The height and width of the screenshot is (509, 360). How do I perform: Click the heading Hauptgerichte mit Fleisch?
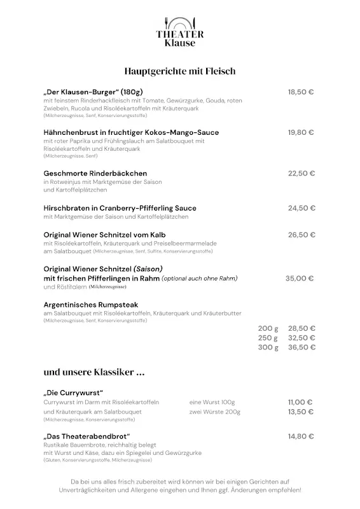[x=180, y=71]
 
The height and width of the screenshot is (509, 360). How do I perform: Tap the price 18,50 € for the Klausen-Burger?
[x=301, y=92]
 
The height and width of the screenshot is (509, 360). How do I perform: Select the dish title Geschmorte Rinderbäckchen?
[x=95, y=173]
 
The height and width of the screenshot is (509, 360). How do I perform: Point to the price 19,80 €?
[x=301, y=132]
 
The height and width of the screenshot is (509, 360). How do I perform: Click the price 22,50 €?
[x=301, y=173]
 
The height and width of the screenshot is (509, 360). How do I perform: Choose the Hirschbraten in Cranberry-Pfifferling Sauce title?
[x=120, y=208]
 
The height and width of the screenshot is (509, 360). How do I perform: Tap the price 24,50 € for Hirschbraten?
[x=301, y=208]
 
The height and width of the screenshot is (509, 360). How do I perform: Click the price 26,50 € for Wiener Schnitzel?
[x=301, y=235]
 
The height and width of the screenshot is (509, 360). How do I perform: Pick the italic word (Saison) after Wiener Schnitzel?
[x=148, y=268]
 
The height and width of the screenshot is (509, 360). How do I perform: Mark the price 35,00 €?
[x=300, y=278]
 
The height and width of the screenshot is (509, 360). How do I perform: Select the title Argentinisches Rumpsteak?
[x=91, y=305]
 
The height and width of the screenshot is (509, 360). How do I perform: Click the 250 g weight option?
[x=268, y=338]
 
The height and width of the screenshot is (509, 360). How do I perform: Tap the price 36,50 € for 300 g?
[x=301, y=347]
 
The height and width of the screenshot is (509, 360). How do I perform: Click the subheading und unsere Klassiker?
[x=90, y=372]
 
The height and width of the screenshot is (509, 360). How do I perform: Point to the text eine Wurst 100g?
[x=212, y=402]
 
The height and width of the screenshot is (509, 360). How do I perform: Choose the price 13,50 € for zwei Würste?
[x=300, y=412]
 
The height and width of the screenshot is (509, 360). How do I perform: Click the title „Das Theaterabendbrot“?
[x=82, y=436]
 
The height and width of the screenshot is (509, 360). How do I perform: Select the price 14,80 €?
[x=301, y=436]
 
